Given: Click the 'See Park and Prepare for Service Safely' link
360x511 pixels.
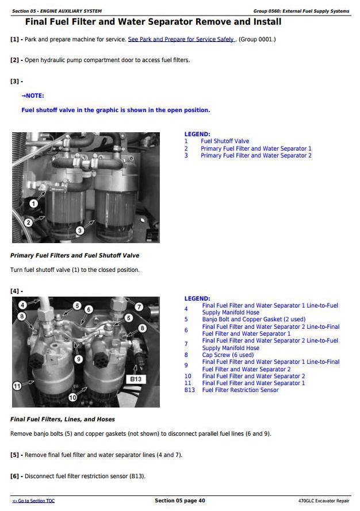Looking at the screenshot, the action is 182,40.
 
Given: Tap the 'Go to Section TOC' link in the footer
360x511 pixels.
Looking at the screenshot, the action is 33,501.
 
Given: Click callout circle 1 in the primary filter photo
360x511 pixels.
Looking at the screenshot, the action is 33,203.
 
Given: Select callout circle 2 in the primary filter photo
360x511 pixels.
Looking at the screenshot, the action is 29,222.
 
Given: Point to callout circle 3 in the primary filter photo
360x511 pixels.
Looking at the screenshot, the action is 80,230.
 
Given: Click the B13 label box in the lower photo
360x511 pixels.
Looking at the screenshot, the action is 136,379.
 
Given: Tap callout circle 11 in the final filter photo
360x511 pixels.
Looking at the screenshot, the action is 17,386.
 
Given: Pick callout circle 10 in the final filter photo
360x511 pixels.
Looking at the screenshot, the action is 72,397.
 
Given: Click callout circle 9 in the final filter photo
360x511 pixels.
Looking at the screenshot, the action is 78,359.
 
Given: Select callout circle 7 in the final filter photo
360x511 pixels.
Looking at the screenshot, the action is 139,307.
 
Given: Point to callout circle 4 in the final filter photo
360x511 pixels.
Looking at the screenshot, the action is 22,305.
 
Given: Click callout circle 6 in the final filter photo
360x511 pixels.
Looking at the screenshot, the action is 89,310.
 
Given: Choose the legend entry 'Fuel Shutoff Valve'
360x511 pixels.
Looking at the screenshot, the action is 225,141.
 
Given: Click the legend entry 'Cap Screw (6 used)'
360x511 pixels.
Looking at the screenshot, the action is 228,355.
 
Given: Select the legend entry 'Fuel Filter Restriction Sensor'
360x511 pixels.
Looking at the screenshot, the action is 240,390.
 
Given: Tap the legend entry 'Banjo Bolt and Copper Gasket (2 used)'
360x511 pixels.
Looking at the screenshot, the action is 254,320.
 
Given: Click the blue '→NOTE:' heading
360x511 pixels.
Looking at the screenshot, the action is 33,96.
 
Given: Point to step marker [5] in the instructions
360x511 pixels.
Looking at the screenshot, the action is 15,455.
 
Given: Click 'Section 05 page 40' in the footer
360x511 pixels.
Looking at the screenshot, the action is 180,501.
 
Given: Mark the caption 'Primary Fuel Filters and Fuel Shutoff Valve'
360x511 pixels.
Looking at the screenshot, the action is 75,255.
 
